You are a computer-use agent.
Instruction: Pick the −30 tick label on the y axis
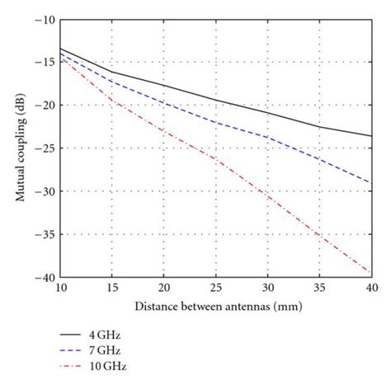pyautogui.click(x=44, y=191)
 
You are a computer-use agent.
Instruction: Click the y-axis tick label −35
pyautogui.click(x=44, y=235)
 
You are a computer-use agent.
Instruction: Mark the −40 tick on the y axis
pyautogui.click(x=44, y=278)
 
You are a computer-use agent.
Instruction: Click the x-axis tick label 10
pyautogui.click(x=61, y=290)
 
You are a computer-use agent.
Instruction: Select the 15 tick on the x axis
pyautogui.click(x=112, y=290)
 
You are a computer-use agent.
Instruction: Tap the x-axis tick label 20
pyautogui.click(x=164, y=290)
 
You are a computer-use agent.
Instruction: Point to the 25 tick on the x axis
pyautogui.click(x=216, y=290)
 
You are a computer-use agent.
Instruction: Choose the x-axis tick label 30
pyautogui.click(x=267, y=290)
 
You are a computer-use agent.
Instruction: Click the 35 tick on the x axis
pyautogui.click(x=319, y=290)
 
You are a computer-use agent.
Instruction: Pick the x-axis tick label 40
pyautogui.click(x=370, y=290)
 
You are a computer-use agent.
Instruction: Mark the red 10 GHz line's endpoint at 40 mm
pyautogui.click(x=370, y=272)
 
